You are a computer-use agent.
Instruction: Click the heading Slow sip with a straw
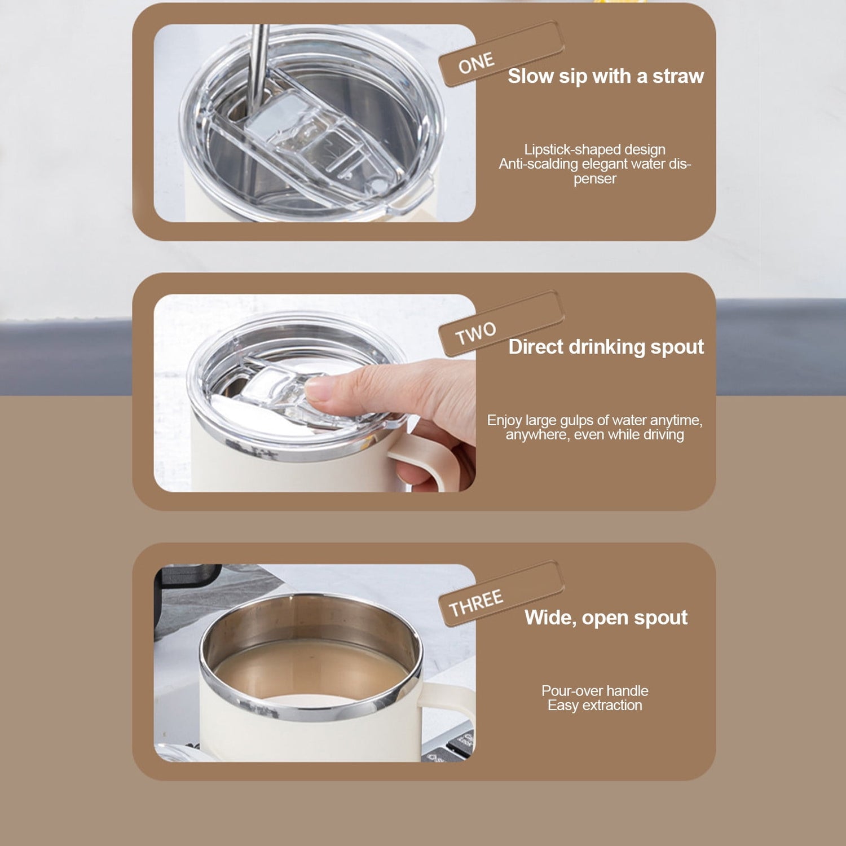[x=606, y=76]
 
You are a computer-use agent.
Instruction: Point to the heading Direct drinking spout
[x=606, y=347]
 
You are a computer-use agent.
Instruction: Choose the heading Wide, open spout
[x=606, y=618]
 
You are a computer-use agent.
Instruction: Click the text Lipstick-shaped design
[x=594, y=149]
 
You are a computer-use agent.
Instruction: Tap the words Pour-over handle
[x=594, y=690]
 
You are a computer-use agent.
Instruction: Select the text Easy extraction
[x=594, y=705]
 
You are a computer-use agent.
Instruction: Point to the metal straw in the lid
[x=259, y=67]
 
